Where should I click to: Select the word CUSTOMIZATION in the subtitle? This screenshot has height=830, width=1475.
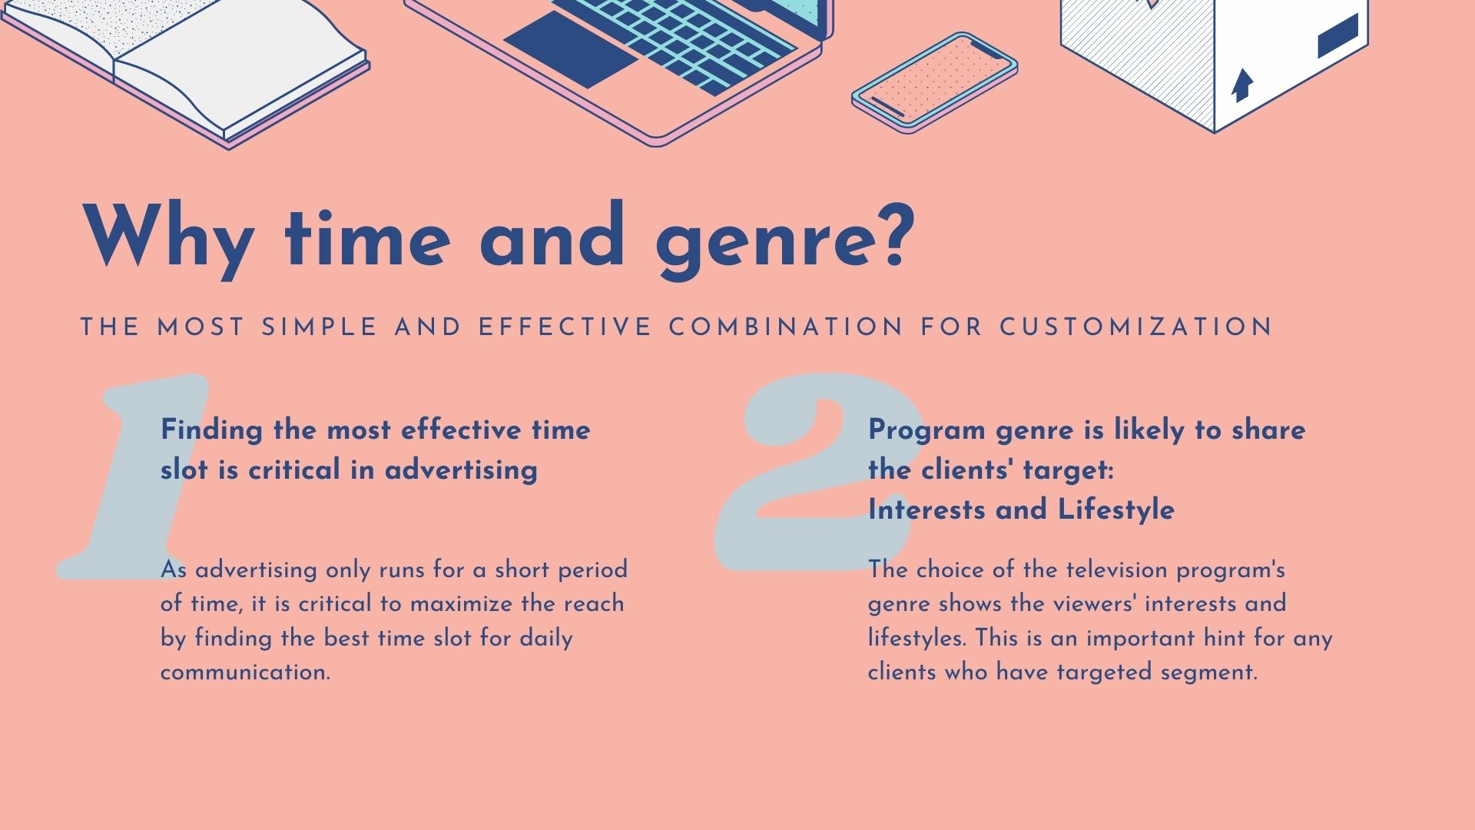pyautogui.click(x=1136, y=327)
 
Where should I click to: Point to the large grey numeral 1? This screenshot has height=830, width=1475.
pyautogui.click(x=131, y=476)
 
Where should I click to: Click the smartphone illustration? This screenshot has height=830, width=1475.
pyautogui.click(x=935, y=82)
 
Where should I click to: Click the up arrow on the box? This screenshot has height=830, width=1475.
pyautogui.click(x=1241, y=85)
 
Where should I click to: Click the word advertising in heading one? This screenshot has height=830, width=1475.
pyautogui.click(x=461, y=470)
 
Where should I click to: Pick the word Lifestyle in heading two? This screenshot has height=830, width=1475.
pyautogui.click(x=1116, y=510)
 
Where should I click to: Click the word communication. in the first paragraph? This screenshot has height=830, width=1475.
pyautogui.click(x=245, y=672)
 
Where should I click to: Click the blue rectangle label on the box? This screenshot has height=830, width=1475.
pyautogui.click(x=1337, y=36)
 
